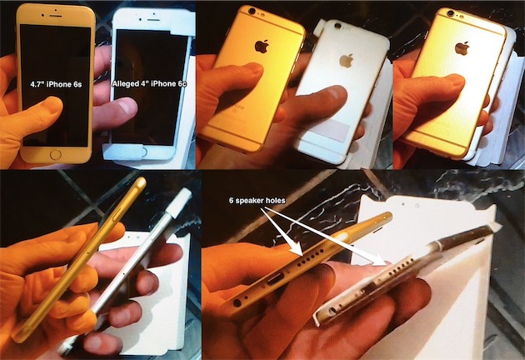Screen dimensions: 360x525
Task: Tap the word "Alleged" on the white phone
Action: click(x=130, y=84)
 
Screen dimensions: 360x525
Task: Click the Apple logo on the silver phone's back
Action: click(x=347, y=60)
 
